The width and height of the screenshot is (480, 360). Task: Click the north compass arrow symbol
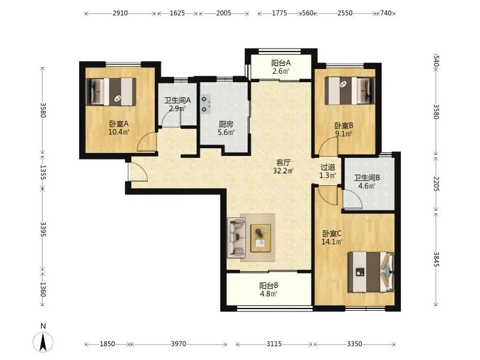(43, 341)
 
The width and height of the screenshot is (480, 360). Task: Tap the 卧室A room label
(118, 124)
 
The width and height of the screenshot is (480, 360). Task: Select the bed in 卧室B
(350, 91)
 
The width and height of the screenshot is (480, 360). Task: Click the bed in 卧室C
(371, 272)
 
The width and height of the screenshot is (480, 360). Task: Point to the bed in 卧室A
(111, 92)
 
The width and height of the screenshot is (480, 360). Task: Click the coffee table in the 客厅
(260, 238)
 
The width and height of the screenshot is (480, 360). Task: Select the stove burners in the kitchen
(205, 104)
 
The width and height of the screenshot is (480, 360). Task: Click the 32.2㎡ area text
(283, 171)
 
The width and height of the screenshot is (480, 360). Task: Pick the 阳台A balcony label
(281, 64)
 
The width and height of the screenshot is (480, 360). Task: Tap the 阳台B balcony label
(269, 286)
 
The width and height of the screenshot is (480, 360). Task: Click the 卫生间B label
(367, 178)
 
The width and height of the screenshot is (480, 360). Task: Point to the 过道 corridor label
(328, 167)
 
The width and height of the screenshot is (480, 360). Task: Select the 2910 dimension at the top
(120, 13)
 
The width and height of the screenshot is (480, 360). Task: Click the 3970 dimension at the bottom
(178, 344)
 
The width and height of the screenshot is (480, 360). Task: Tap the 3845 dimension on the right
(436, 259)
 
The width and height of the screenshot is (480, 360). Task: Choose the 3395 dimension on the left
(43, 229)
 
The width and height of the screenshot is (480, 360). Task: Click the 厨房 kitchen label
(226, 124)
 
